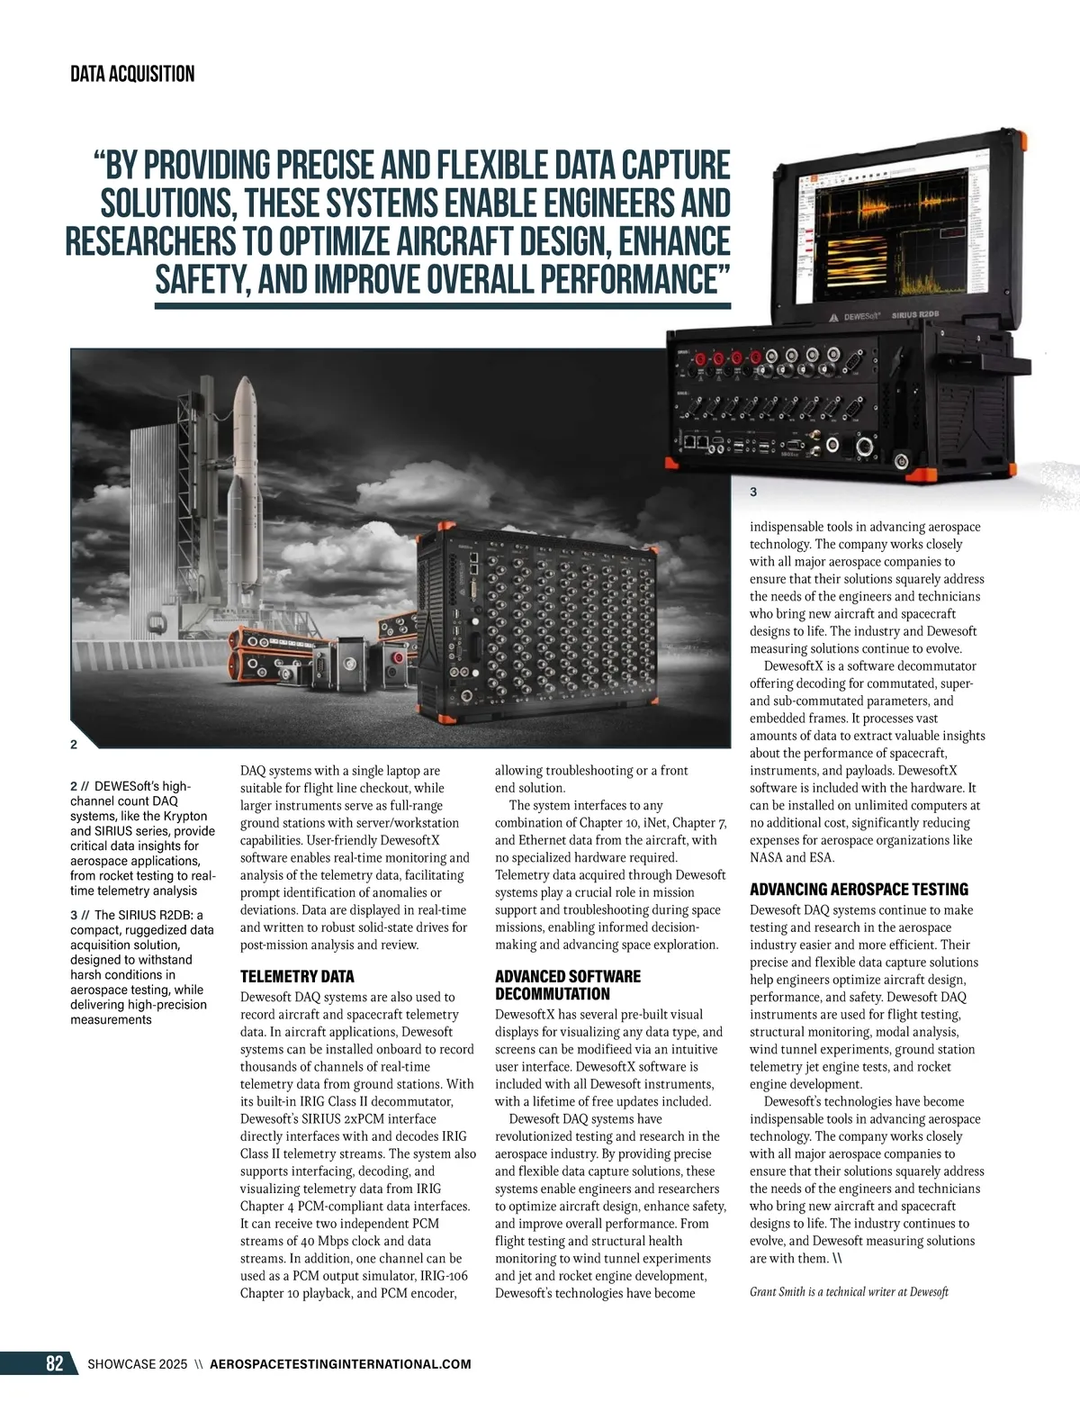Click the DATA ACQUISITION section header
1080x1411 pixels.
tap(132, 74)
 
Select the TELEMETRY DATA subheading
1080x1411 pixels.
tap(297, 976)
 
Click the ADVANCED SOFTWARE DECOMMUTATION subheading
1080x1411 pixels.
tap(567, 985)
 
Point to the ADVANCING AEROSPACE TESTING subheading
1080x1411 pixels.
tap(859, 889)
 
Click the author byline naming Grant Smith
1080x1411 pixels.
tap(849, 1291)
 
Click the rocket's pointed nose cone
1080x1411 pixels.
tap(245, 388)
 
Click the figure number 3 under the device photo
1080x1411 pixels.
tap(753, 493)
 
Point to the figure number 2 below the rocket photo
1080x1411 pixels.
tap(74, 744)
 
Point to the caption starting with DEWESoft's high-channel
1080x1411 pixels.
tap(142, 837)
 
